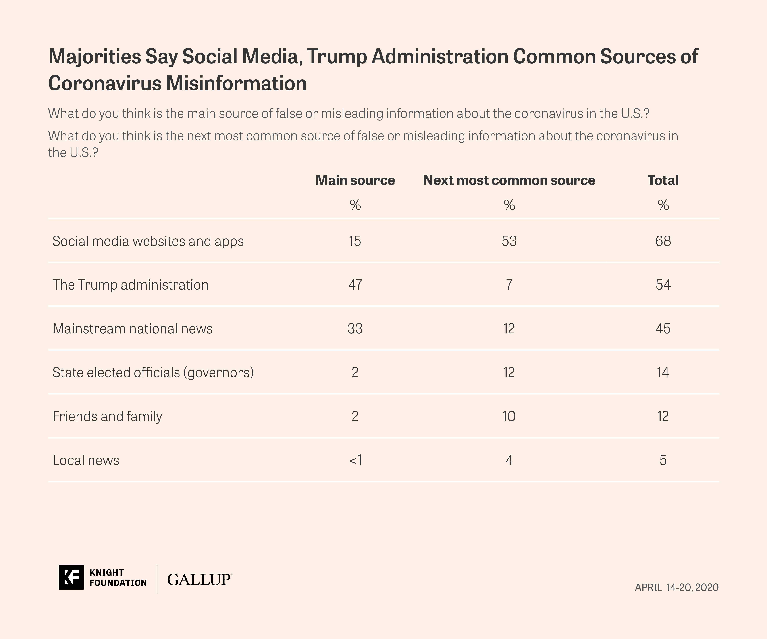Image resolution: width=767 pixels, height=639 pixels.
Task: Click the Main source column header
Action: click(x=355, y=180)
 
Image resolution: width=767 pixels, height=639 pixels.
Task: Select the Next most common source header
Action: click(x=509, y=180)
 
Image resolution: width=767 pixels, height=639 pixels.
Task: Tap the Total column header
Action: click(x=663, y=180)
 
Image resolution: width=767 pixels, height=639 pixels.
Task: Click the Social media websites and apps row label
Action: click(x=148, y=241)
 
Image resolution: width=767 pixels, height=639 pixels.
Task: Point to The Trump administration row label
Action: click(x=130, y=285)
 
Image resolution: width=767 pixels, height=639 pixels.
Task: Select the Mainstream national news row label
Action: click(x=133, y=329)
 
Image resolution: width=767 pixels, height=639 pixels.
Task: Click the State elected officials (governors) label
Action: click(x=153, y=372)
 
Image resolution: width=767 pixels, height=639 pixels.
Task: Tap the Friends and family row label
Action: click(x=107, y=416)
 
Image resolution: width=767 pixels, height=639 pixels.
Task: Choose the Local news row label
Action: click(x=86, y=460)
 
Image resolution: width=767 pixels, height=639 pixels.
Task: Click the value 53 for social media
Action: click(x=509, y=241)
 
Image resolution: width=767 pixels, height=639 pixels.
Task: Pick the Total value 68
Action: click(x=663, y=241)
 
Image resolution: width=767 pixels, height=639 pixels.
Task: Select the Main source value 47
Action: click(x=355, y=285)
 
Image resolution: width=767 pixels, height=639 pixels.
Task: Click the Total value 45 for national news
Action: click(x=663, y=329)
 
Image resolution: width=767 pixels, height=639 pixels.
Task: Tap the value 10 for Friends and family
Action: click(x=509, y=416)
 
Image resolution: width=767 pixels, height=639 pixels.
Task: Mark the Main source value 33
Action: click(x=355, y=329)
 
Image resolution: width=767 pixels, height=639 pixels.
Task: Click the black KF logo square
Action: click(x=71, y=577)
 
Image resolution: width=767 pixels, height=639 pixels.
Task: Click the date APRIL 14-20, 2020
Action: click(x=676, y=587)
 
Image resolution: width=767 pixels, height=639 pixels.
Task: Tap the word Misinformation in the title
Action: click(x=236, y=83)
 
